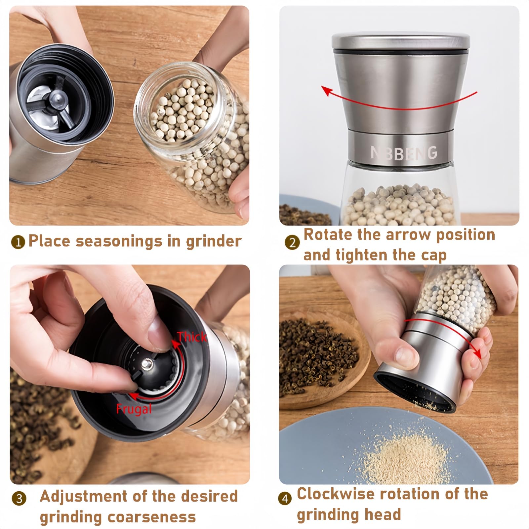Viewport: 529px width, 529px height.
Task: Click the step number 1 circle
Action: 18,242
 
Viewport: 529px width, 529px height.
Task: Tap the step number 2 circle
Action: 292,243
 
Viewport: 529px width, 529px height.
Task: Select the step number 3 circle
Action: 19,498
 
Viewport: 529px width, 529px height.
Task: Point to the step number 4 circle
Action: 285,498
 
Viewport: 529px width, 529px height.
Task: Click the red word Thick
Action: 192,337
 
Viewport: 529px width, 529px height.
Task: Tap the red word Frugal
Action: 134,409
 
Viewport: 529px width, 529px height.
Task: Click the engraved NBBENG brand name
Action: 404,153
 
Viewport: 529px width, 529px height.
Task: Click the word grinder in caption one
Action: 214,241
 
